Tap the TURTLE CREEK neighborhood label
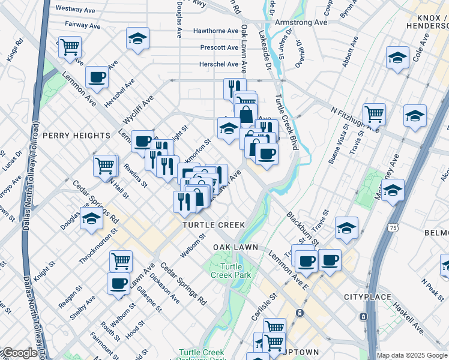point(214,225)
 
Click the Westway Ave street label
point(77,9)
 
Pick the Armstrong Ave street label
point(301,22)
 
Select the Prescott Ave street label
point(220,47)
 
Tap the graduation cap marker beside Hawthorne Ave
point(137,38)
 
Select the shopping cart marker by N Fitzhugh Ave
point(374,112)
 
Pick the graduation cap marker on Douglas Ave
point(91,219)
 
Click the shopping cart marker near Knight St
point(121,261)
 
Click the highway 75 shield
point(392,228)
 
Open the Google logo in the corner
point(19,353)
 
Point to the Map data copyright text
point(412,355)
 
